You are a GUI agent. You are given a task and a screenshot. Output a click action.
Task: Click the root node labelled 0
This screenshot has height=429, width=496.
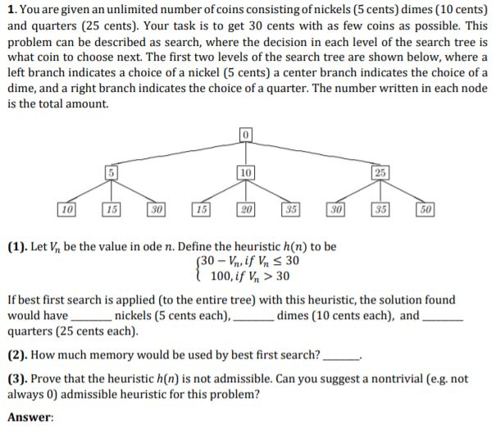click(245, 134)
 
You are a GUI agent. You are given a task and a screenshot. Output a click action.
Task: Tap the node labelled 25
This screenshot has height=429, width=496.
click(380, 172)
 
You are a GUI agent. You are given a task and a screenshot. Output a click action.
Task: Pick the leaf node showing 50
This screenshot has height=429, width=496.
click(425, 210)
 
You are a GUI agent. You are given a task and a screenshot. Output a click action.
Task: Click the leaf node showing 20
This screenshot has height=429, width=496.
click(245, 210)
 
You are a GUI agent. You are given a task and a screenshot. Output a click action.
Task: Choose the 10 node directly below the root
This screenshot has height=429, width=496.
click(245, 172)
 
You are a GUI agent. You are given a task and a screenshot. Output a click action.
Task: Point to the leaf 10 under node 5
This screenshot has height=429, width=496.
click(66, 210)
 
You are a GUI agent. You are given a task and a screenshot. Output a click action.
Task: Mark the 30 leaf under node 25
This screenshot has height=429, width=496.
click(334, 210)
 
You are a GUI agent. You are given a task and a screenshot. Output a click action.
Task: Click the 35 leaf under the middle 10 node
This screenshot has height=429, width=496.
click(290, 210)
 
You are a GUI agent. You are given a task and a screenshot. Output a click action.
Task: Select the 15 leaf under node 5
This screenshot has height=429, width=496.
click(111, 210)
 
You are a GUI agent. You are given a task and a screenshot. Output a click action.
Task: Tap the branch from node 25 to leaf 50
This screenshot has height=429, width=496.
click(403, 192)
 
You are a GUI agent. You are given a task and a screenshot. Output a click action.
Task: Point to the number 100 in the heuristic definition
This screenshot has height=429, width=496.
click(221, 275)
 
